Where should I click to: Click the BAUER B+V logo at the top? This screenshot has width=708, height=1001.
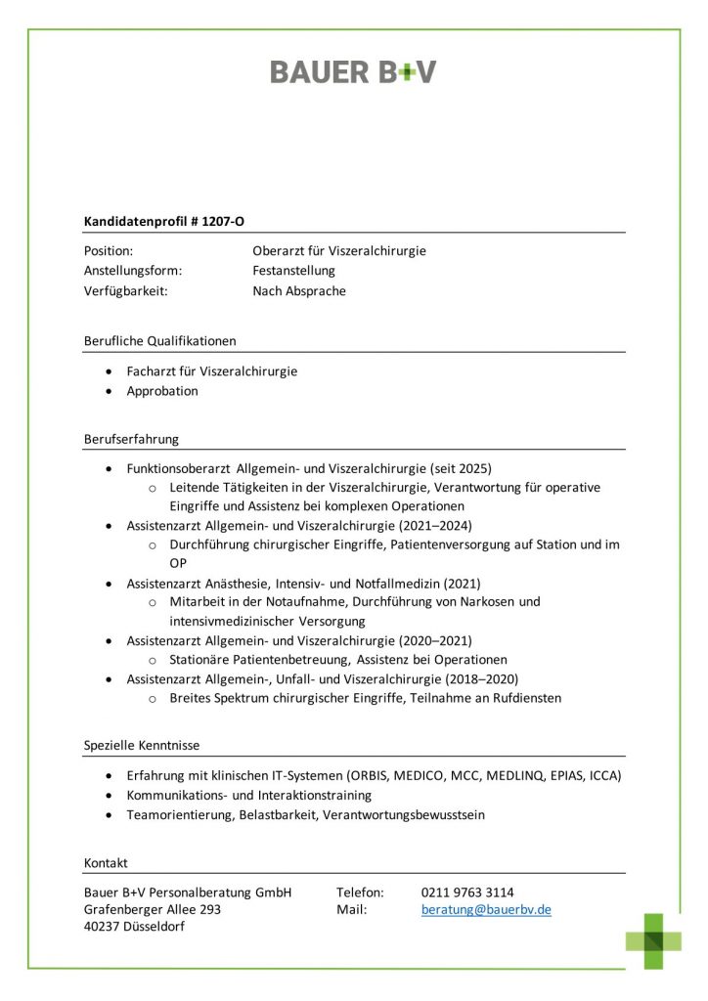point(353,71)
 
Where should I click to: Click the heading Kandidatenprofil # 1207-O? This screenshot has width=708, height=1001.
point(164,222)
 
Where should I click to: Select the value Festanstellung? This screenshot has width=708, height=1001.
point(293,271)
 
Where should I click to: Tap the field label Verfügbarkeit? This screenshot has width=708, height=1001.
point(126,290)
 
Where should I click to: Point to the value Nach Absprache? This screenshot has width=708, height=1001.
point(299,290)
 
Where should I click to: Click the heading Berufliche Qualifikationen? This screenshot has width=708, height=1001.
point(160,341)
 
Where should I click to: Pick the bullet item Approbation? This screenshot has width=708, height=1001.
point(162,391)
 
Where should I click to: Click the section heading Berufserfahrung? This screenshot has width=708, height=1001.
point(131,439)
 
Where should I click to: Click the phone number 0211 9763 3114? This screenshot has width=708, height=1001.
point(467,892)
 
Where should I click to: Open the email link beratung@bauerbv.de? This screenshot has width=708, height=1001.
point(486,909)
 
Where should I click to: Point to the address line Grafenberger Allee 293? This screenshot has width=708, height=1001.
point(153,909)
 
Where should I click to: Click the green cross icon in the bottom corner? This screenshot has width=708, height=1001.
point(654,940)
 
